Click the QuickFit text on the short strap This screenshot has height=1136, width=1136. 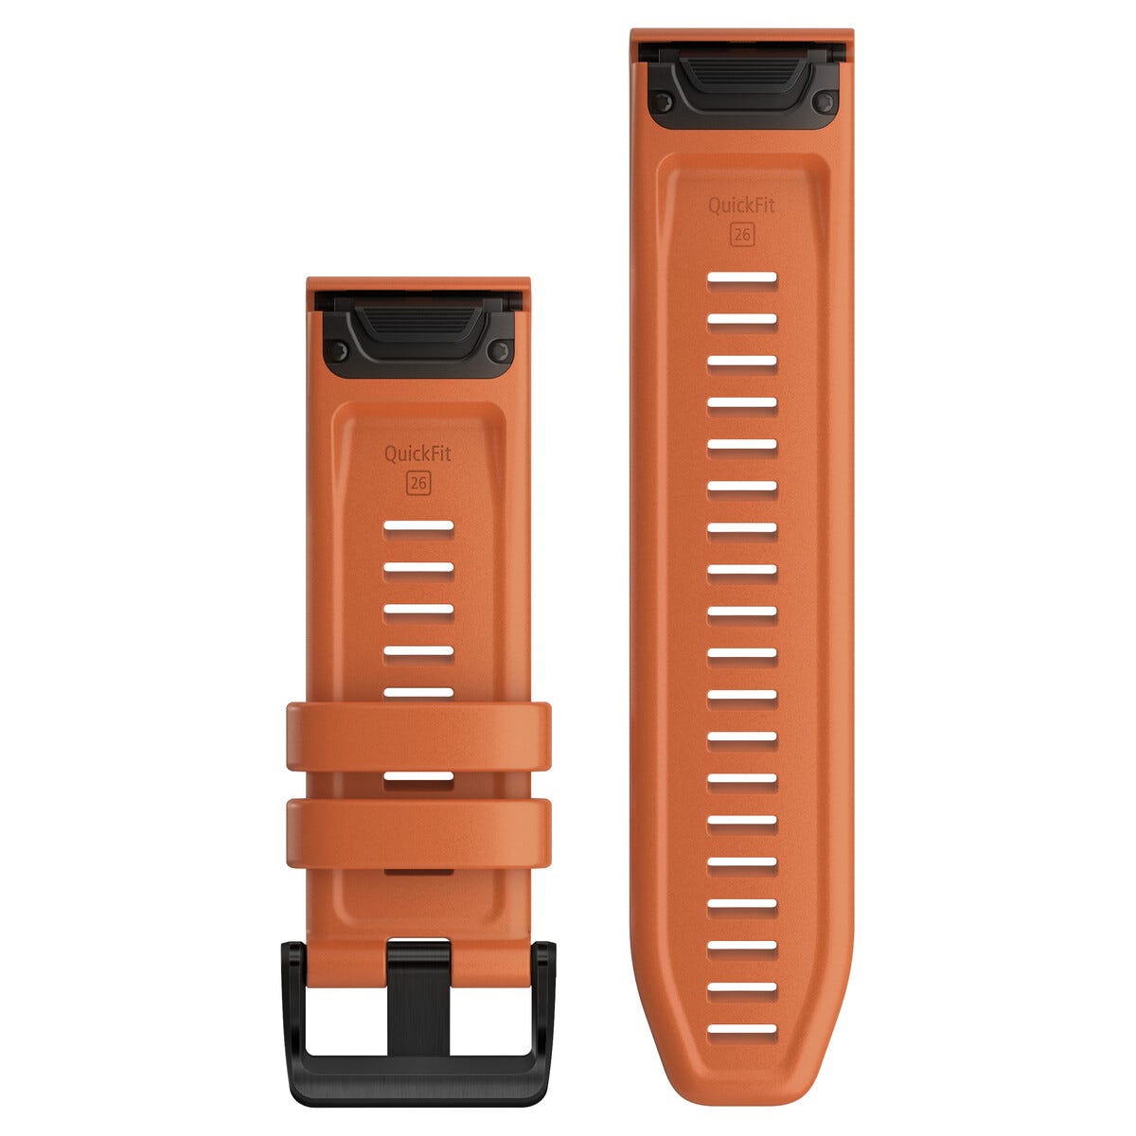point(417,454)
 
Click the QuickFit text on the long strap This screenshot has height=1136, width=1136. point(741,205)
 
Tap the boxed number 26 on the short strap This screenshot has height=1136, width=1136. point(418,484)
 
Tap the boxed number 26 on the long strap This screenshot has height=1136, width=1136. point(741,235)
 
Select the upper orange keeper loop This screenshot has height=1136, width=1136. point(418,737)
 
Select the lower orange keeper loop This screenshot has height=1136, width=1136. point(418,833)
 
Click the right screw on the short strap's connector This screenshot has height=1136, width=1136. point(499,352)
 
